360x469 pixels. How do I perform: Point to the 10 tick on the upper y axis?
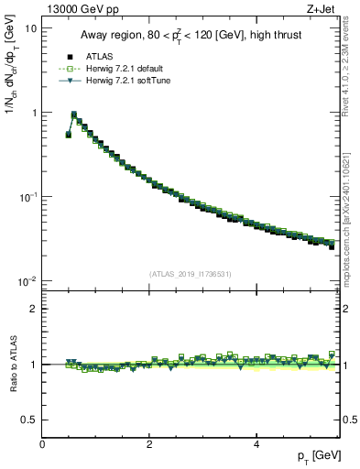click(x=30, y=28)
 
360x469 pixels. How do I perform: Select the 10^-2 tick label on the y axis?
click(x=27, y=281)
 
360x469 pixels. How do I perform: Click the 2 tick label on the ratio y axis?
click(x=32, y=309)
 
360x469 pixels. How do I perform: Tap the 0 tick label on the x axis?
click(x=42, y=443)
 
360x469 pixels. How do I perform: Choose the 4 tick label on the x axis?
click(x=256, y=443)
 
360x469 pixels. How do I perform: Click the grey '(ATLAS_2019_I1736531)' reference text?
click(x=190, y=273)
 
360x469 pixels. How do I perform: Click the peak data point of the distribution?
click(x=74, y=115)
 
